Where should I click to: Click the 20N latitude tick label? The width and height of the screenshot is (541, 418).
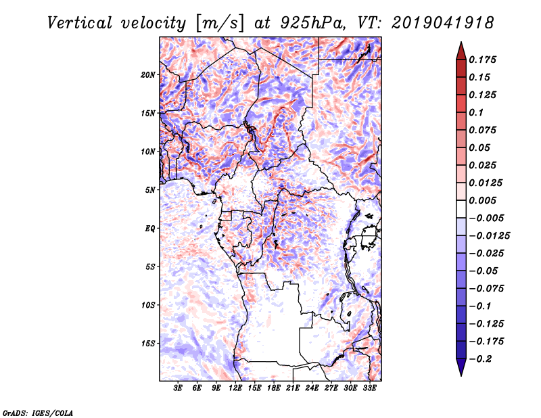click(x=148, y=74)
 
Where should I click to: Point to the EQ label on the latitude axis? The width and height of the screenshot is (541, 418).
click(x=150, y=228)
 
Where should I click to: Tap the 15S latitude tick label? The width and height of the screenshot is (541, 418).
click(x=148, y=343)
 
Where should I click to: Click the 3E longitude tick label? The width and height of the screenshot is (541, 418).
click(x=179, y=388)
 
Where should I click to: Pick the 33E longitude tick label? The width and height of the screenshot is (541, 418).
click(x=369, y=388)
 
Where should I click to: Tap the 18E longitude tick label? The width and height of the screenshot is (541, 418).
click(x=274, y=388)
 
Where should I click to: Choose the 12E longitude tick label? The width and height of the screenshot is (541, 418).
click(x=235, y=388)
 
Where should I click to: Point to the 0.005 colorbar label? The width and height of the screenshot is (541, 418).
click(x=484, y=200)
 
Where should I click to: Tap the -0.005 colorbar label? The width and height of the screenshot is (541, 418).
click(x=487, y=218)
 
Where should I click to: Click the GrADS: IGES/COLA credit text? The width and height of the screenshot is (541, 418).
click(x=38, y=411)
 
